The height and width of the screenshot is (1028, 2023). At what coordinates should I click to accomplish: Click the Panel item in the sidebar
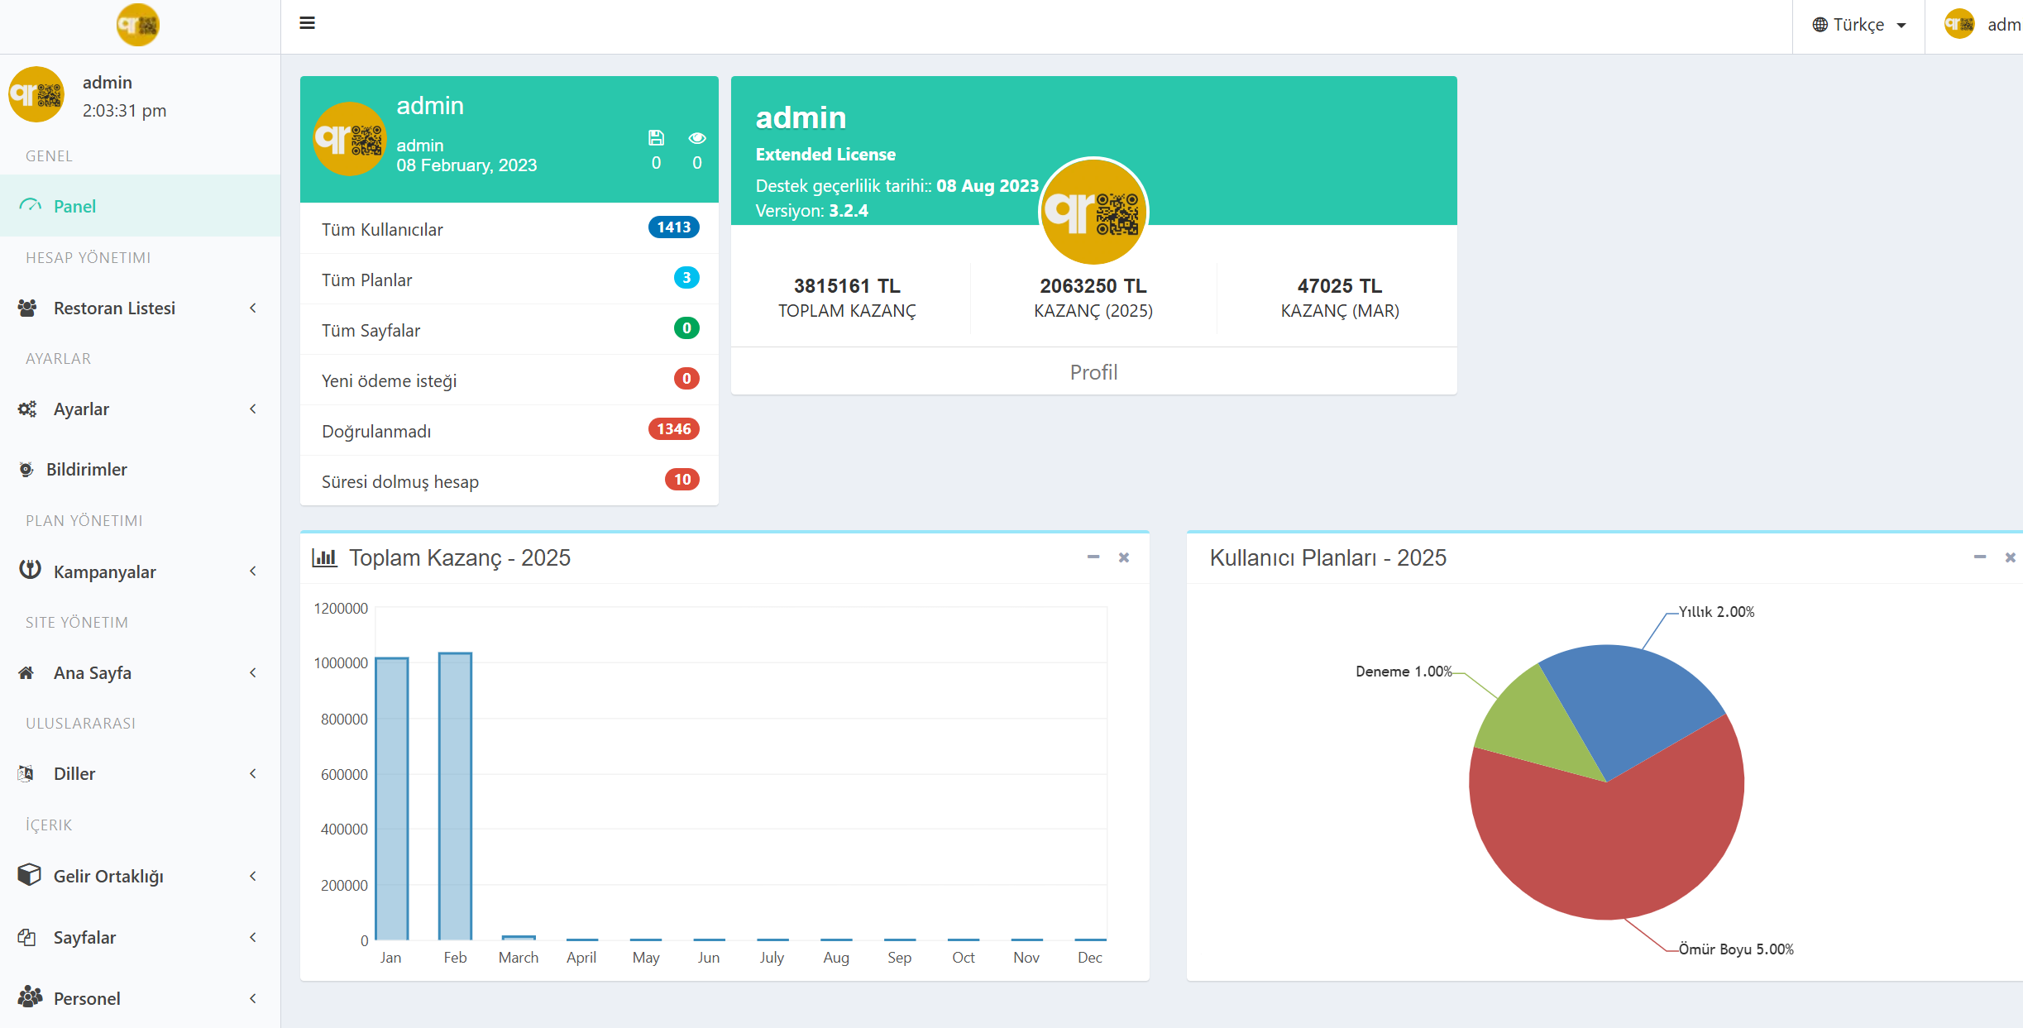click(74, 206)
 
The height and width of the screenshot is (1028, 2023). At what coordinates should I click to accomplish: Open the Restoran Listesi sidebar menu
click(114, 308)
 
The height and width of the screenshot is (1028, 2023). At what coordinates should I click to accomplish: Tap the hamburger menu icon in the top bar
click(307, 23)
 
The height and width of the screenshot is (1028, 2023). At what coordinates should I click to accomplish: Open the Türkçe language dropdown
click(1858, 25)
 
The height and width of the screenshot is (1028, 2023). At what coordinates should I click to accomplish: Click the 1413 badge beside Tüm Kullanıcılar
click(673, 227)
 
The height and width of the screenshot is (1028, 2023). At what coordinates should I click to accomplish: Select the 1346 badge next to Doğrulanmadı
click(673, 429)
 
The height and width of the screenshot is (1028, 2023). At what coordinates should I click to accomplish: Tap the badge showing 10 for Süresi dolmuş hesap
click(682, 480)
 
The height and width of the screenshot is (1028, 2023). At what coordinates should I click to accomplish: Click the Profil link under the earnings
click(1093, 372)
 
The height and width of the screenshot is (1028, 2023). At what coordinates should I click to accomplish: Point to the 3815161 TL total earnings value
click(847, 286)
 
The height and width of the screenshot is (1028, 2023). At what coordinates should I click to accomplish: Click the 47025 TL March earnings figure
click(1339, 286)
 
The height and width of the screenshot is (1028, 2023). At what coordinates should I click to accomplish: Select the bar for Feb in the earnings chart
click(455, 796)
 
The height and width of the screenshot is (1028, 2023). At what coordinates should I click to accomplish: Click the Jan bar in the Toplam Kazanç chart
click(392, 798)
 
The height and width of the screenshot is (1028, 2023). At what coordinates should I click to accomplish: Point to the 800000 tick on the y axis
click(344, 720)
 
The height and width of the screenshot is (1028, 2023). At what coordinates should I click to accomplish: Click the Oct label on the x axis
click(963, 958)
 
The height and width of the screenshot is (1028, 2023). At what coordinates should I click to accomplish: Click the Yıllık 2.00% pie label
click(1716, 612)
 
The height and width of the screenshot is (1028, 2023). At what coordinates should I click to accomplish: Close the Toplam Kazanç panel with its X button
click(1123, 557)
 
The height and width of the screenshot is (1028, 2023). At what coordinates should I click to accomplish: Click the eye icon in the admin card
click(697, 138)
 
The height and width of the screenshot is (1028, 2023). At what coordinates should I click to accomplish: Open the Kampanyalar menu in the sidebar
click(104, 571)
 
